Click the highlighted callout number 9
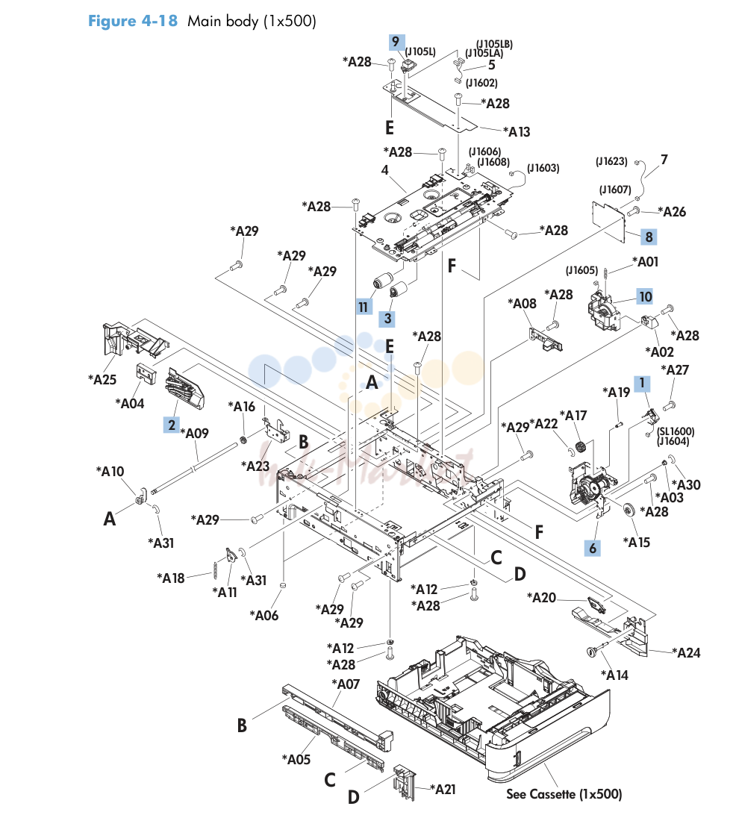tap(396, 42)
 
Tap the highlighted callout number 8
tap(649, 237)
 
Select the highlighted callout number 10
tap(645, 297)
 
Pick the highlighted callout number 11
tap(364, 307)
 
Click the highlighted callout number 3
tap(387, 318)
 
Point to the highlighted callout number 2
tap(172, 425)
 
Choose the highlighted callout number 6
tap(593, 549)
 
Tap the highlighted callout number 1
tap(642, 384)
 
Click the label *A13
tap(517, 131)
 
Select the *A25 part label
tap(102, 379)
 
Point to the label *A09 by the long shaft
tap(195, 433)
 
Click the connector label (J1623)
tap(611, 161)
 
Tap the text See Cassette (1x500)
tap(564, 794)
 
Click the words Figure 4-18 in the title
tap(132, 21)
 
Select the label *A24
tap(686, 652)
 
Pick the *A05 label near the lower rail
tap(296, 759)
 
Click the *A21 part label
tap(443, 790)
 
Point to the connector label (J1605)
tap(581, 270)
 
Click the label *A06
tap(264, 616)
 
